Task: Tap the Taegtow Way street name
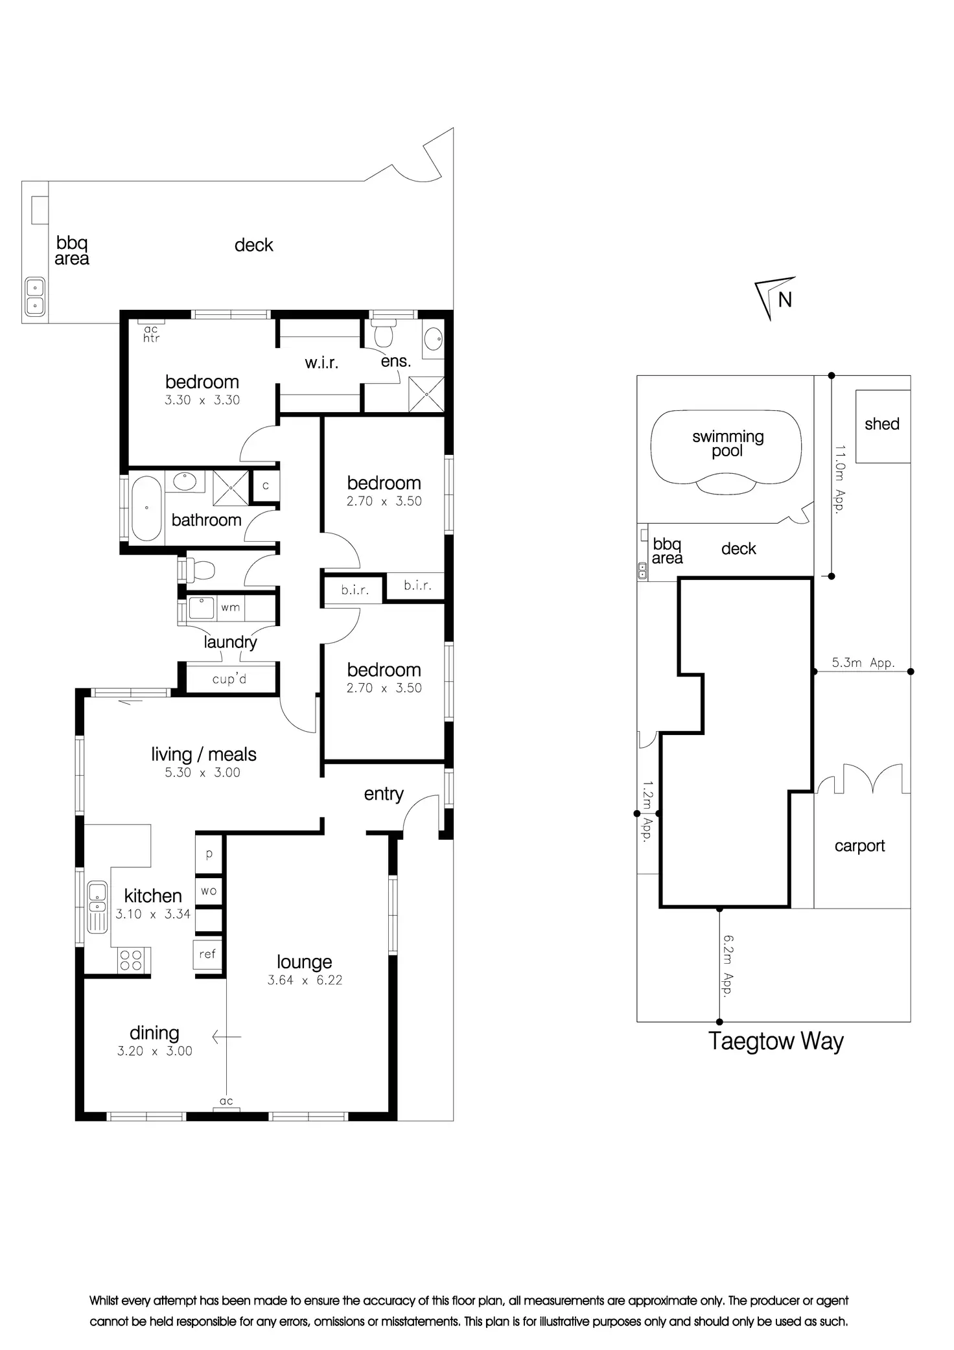(776, 1041)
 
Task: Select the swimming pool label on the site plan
(727, 443)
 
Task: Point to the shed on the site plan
(882, 425)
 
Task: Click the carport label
(859, 846)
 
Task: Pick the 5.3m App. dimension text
(863, 663)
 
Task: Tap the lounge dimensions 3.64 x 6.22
(305, 981)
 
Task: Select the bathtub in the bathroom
(146, 509)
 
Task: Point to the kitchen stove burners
(132, 959)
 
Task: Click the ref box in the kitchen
(207, 954)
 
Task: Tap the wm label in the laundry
(230, 608)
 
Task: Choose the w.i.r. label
(321, 363)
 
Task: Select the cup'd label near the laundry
(229, 679)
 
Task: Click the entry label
(384, 794)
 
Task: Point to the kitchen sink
(97, 905)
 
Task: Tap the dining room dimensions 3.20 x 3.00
(154, 1051)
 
